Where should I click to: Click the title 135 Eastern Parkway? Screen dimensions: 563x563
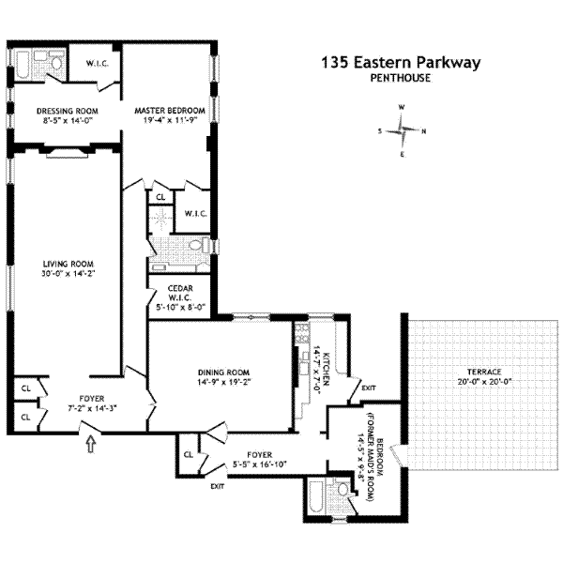401,63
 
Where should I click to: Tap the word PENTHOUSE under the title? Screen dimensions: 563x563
401,78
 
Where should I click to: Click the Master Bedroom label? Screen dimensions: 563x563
169,110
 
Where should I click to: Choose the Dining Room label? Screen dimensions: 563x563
221,371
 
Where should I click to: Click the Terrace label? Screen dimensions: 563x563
468,371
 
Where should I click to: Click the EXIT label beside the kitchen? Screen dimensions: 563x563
368,387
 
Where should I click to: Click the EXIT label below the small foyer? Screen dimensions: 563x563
218,486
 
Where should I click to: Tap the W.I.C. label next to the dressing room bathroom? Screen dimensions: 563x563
98,64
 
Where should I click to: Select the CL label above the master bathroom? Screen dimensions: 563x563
160,197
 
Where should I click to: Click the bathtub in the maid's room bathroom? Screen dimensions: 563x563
316,497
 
